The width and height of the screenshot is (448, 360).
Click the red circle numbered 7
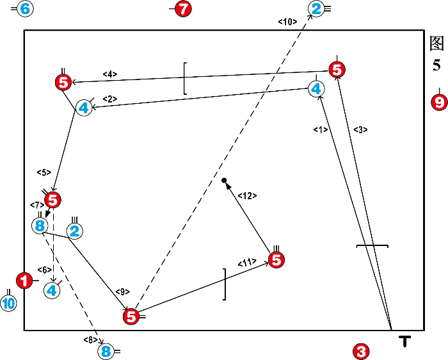183,9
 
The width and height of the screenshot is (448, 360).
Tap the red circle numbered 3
361,351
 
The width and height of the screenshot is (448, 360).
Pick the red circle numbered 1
24,280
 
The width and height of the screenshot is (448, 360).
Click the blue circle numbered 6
24,9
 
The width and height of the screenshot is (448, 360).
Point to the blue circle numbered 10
8,304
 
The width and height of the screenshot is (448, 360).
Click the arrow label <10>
287,22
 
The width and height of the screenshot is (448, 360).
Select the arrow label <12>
247,195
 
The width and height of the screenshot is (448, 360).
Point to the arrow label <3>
360,130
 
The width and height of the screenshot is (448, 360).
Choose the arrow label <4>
110,74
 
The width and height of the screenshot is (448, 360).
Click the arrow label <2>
109,99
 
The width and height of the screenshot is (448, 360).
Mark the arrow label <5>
44,172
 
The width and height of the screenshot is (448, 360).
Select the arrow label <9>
122,291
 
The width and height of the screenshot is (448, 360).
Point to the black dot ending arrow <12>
224,181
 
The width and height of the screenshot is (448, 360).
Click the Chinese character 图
436,44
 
